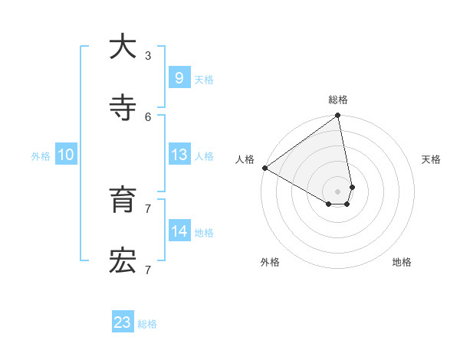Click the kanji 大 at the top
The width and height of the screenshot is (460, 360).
123,47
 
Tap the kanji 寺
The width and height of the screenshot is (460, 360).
123,108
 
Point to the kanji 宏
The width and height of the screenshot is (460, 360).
123,261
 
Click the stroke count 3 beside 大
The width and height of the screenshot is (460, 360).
148,55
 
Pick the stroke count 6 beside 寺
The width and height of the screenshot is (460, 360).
148,116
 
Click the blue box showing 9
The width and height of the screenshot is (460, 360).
179,78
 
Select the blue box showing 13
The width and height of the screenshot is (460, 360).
179,155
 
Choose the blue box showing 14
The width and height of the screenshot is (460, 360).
179,231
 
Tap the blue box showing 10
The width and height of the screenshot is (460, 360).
66,155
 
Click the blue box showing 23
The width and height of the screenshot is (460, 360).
123,322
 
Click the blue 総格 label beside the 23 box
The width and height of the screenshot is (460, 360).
147,324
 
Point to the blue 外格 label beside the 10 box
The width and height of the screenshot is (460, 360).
41,156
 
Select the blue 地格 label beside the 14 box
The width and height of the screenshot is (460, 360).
204,233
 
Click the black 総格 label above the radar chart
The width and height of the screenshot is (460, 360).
338,100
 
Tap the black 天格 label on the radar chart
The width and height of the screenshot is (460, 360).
431,159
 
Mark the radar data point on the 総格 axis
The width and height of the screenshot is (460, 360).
338,116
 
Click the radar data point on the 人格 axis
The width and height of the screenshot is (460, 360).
264,168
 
